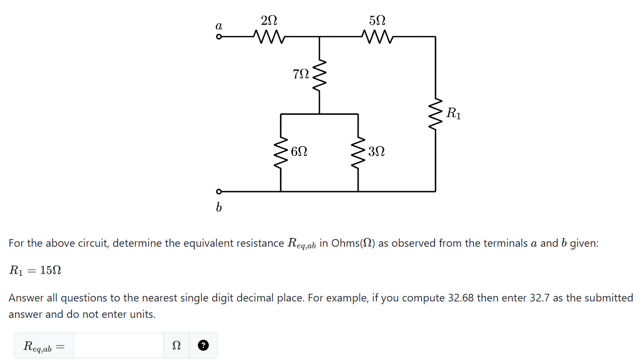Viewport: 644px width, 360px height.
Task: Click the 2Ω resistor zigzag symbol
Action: (268, 37)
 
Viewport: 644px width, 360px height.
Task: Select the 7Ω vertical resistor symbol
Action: (319, 74)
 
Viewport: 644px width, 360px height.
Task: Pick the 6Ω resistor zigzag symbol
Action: (281, 152)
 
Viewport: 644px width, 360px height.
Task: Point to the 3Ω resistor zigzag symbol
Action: (358, 152)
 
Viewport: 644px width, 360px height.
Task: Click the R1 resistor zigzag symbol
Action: (436, 114)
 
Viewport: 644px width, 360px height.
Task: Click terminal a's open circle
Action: (219, 37)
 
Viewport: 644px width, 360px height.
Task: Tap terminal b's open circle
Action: (219, 191)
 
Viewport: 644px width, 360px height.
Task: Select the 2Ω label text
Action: (269, 20)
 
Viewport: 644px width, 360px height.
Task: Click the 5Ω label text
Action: (377, 20)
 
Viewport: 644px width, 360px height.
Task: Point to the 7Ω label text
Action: (301, 74)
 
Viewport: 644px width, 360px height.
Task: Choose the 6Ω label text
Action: (299, 151)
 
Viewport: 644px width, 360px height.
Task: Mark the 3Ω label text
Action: (377, 151)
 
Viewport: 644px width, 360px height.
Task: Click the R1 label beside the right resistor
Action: (453, 114)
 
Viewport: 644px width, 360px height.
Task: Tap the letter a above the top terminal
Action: (219, 25)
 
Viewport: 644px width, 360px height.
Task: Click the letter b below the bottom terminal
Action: (219, 208)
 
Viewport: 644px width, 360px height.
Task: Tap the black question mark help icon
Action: (203, 346)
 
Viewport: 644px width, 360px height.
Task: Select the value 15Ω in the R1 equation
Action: (51, 270)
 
